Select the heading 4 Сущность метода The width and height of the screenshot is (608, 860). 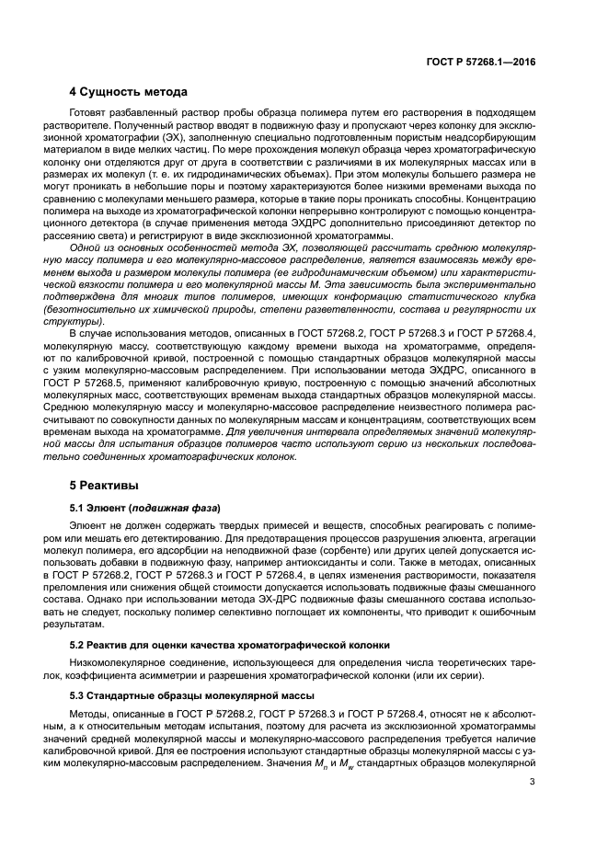pos(129,92)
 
